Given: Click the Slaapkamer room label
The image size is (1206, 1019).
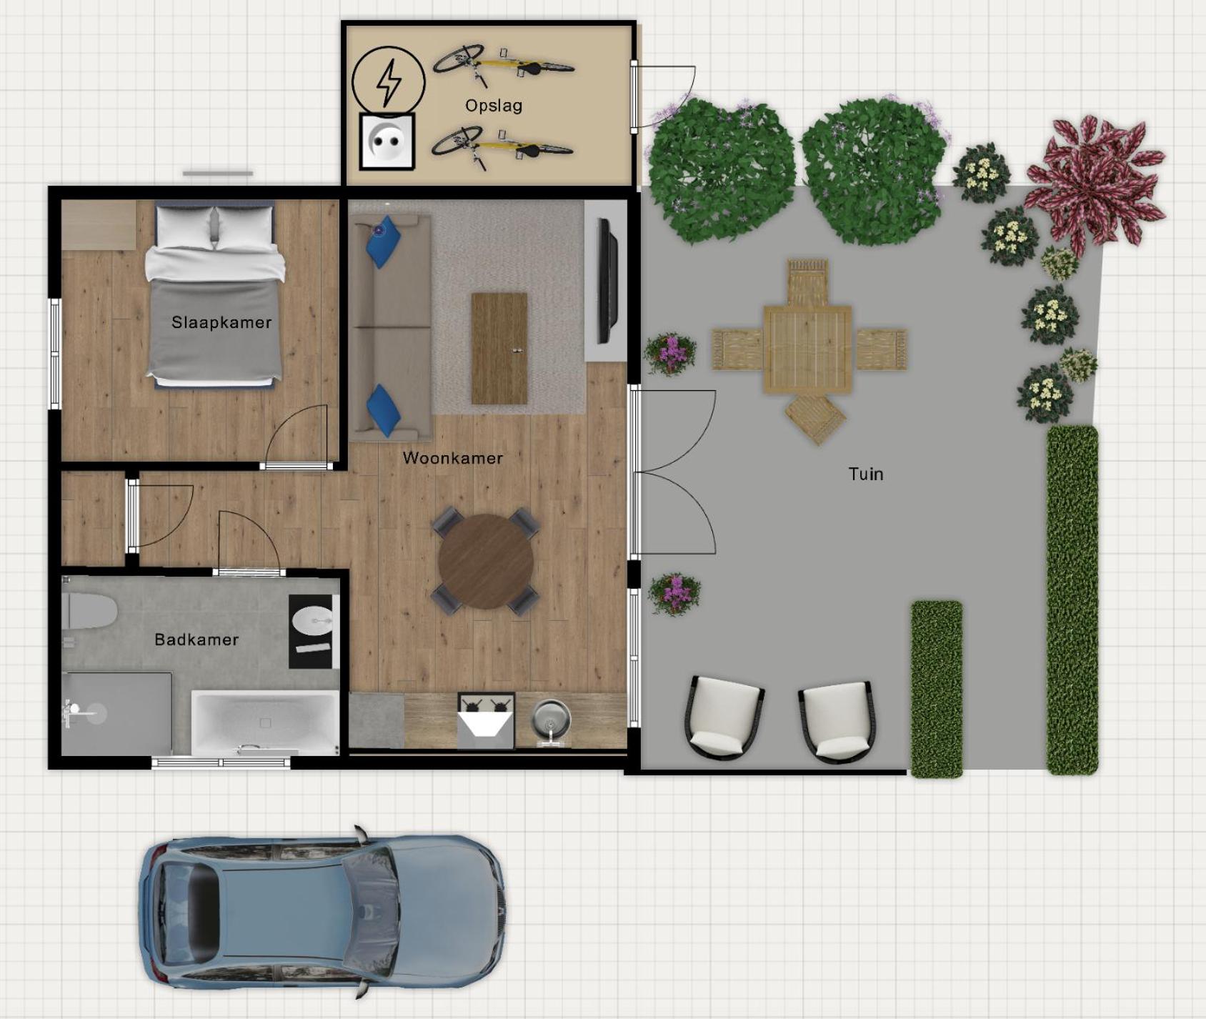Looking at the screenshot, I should [x=221, y=322].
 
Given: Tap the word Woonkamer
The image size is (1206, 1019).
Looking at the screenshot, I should [x=452, y=458].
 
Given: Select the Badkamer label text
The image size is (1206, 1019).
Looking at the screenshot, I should [x=196, y=640].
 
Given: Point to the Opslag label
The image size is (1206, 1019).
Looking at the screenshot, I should [x=494, y=106].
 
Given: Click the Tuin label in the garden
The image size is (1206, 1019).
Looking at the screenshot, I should [x=866, y=474].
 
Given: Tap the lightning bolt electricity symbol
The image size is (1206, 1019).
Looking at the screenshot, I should [x=389, y=82].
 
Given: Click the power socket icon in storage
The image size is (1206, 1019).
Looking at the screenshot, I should [x=387, y=141].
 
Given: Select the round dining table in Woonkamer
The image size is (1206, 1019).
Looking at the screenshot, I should [x=486, y=562].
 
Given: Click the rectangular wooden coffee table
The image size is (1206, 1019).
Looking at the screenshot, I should [x=499, y=348].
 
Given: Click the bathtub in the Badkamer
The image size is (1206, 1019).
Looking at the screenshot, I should [x=265, y=722].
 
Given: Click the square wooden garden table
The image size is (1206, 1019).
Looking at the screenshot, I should [x=808, y=349].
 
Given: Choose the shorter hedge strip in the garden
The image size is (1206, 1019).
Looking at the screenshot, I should [x=937, y=688].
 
